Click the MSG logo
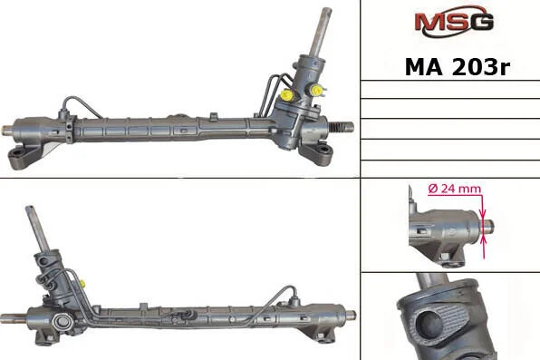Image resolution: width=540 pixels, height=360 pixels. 454,21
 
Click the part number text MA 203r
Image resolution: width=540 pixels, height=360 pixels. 457,67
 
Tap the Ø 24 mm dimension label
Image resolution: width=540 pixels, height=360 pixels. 455,189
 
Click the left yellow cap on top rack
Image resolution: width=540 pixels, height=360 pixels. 286,95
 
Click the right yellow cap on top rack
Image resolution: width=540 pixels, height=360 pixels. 316,91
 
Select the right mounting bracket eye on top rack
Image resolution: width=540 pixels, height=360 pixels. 323,150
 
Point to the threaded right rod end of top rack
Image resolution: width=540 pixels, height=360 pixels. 342,127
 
